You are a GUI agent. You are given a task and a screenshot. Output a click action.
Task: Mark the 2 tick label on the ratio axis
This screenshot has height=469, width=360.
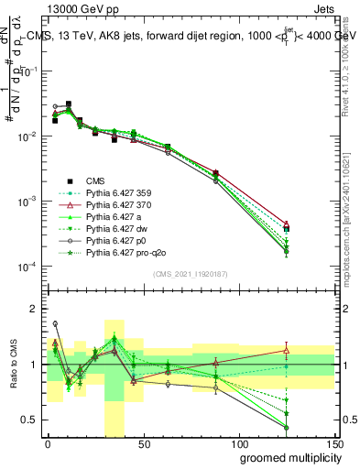point(35,309)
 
